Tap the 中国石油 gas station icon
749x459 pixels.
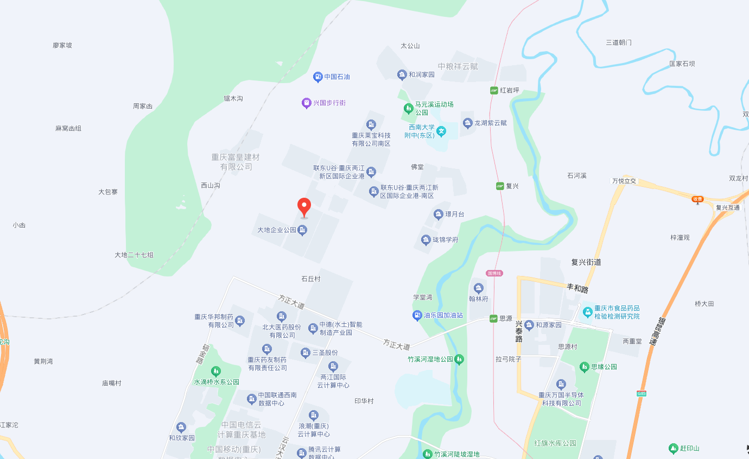pos(318,77)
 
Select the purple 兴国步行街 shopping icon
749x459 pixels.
pos(306,103)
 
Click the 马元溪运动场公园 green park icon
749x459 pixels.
pos(408,109)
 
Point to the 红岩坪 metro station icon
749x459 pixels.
pos(494,90)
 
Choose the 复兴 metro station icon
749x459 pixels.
pos(500,186)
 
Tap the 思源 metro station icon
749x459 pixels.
pos(493,318)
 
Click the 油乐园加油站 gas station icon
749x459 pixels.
pos(417,315)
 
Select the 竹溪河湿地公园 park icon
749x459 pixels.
pos(459,359)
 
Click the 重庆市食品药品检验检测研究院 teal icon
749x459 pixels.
pos(587,312)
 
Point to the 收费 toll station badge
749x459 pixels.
pos(697,199)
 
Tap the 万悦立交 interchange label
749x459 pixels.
pos(624,181)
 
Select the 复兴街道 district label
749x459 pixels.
pos(586,262)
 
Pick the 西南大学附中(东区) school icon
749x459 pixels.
pos(442,131)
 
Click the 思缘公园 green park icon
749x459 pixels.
pos(584,367)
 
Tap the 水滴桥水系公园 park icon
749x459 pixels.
pos(216,372)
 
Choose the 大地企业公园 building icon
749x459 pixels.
pos(303,230)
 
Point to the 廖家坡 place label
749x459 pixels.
pos(62,45)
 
